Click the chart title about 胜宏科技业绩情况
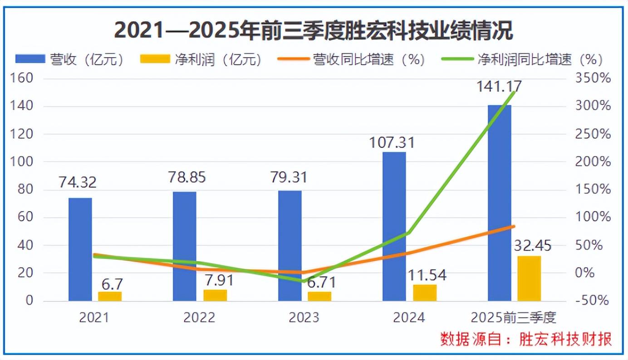click(314, 31)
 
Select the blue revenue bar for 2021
click(80, 249)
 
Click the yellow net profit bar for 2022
click(215, 295)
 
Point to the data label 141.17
click(499, 86)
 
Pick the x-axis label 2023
click(304, 317)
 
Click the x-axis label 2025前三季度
click(513, 317)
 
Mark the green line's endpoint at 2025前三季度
click(513, 92)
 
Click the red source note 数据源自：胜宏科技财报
click(526, 339)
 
